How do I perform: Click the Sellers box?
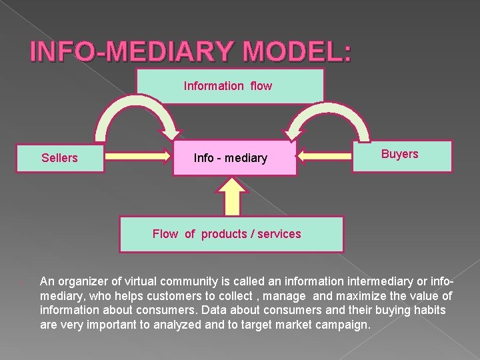(x=60, y=158)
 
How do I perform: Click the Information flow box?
(x=229, y=86)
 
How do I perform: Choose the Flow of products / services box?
(x=231, y=234)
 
